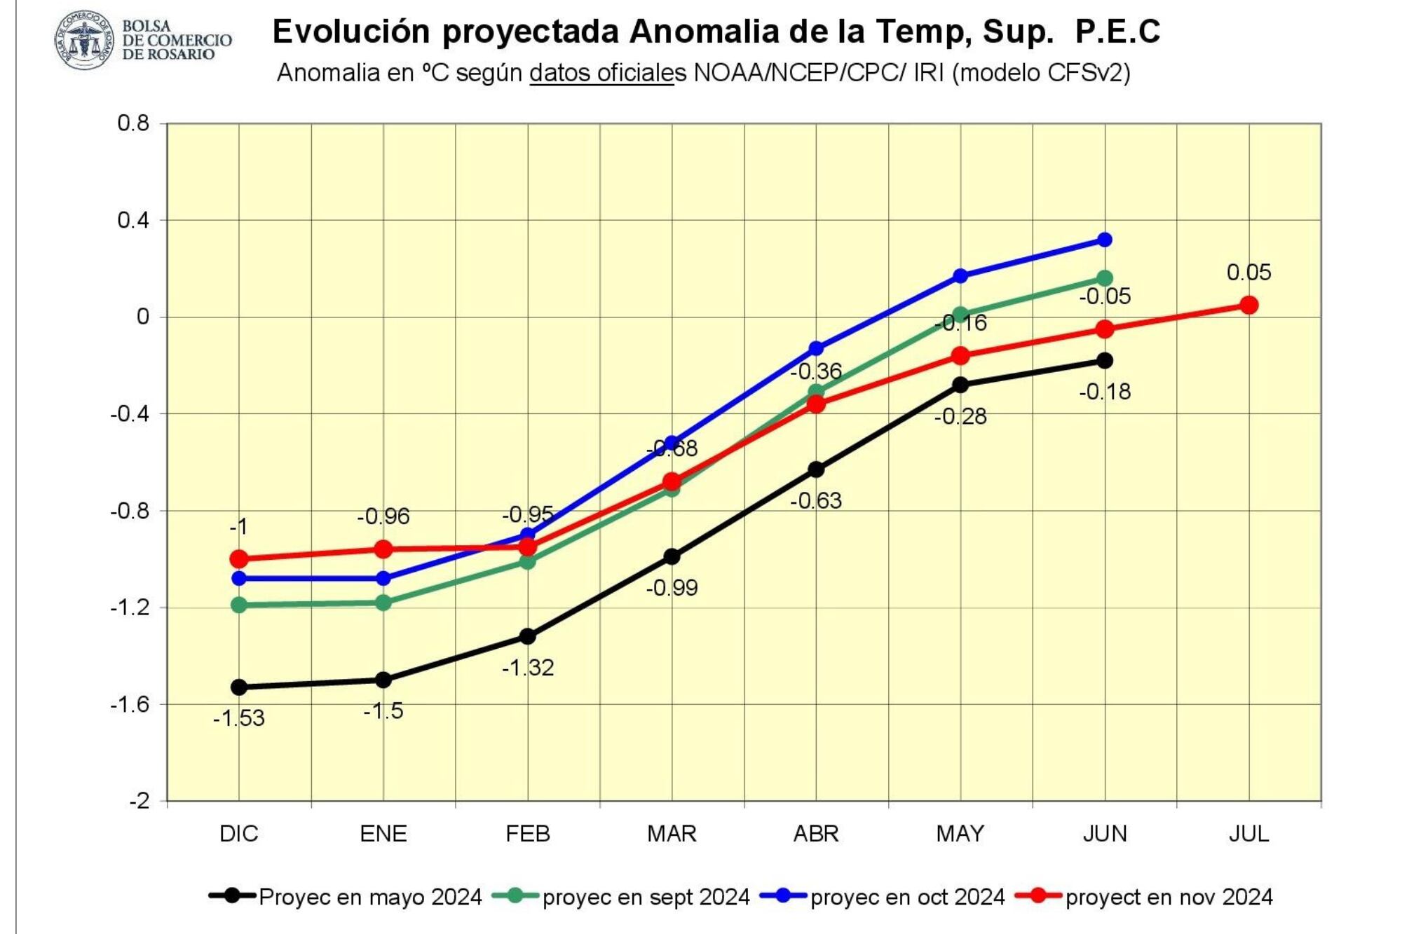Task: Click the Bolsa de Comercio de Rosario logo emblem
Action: click(x=84, y=40)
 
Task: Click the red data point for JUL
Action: click(x=1248, y=305)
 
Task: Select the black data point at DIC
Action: click(x=239, y=687)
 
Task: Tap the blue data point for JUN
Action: click(x=1105, y=240)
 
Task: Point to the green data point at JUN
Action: click(x=1105, y=278)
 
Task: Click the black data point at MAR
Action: click(x=672, y=556)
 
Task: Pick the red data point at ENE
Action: click(x=383, y=549)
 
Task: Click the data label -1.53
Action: click(x=239, y=718)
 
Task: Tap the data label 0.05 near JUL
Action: click(x=1248, y=272)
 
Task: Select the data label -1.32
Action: click(x=528, y=667)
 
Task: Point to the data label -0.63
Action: click(x=816, y=500)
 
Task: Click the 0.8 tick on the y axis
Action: click(x=134, y=123)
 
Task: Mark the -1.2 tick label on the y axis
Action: click(x=130, y=607)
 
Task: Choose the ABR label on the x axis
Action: click(x=816, y=833)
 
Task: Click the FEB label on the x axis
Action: click(x=528, y=833)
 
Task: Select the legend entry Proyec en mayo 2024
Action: click(x=370, y=897)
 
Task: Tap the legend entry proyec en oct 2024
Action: click(x=907, y=897)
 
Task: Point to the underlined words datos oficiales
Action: click(x=601, y=72)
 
